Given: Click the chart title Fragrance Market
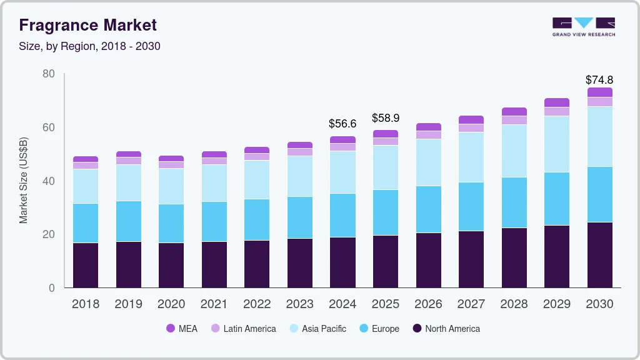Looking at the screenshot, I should point(87,25).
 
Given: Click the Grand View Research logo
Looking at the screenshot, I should point(583,26).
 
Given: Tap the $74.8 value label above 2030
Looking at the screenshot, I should point(599,80).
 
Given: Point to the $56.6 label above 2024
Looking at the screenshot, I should point(342,124).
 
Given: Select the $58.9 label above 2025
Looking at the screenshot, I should point(385,117).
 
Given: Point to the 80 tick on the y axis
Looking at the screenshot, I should point(48,74).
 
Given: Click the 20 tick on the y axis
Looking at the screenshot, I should point(48,234).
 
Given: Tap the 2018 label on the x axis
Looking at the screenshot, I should point(85,304).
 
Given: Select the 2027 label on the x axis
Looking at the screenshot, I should point(471,304).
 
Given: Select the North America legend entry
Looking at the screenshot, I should point(446,328).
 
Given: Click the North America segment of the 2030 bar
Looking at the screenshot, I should point(599,255).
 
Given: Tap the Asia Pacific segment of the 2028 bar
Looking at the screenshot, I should point(514,151).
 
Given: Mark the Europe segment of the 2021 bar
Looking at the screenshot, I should point(214,221).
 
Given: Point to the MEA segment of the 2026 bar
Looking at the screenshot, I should point(428,127).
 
